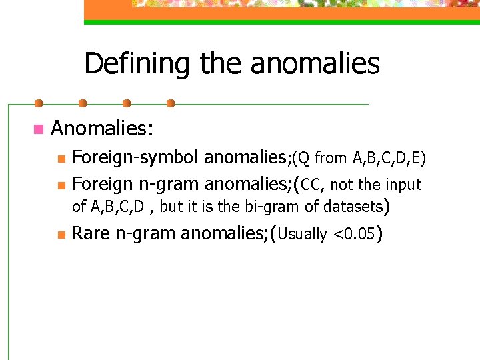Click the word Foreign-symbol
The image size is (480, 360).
[135, 158]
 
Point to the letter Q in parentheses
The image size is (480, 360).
[303, 158]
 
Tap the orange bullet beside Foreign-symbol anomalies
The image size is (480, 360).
[61, 159]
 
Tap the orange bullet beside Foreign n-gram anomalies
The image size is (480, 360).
[61, 184]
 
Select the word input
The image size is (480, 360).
[403, 184]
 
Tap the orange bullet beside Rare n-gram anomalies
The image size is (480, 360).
[61, 235]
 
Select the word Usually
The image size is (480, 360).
[301, 234]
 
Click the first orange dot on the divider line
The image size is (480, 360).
[39, 103]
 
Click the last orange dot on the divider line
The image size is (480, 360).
[171, 103]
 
